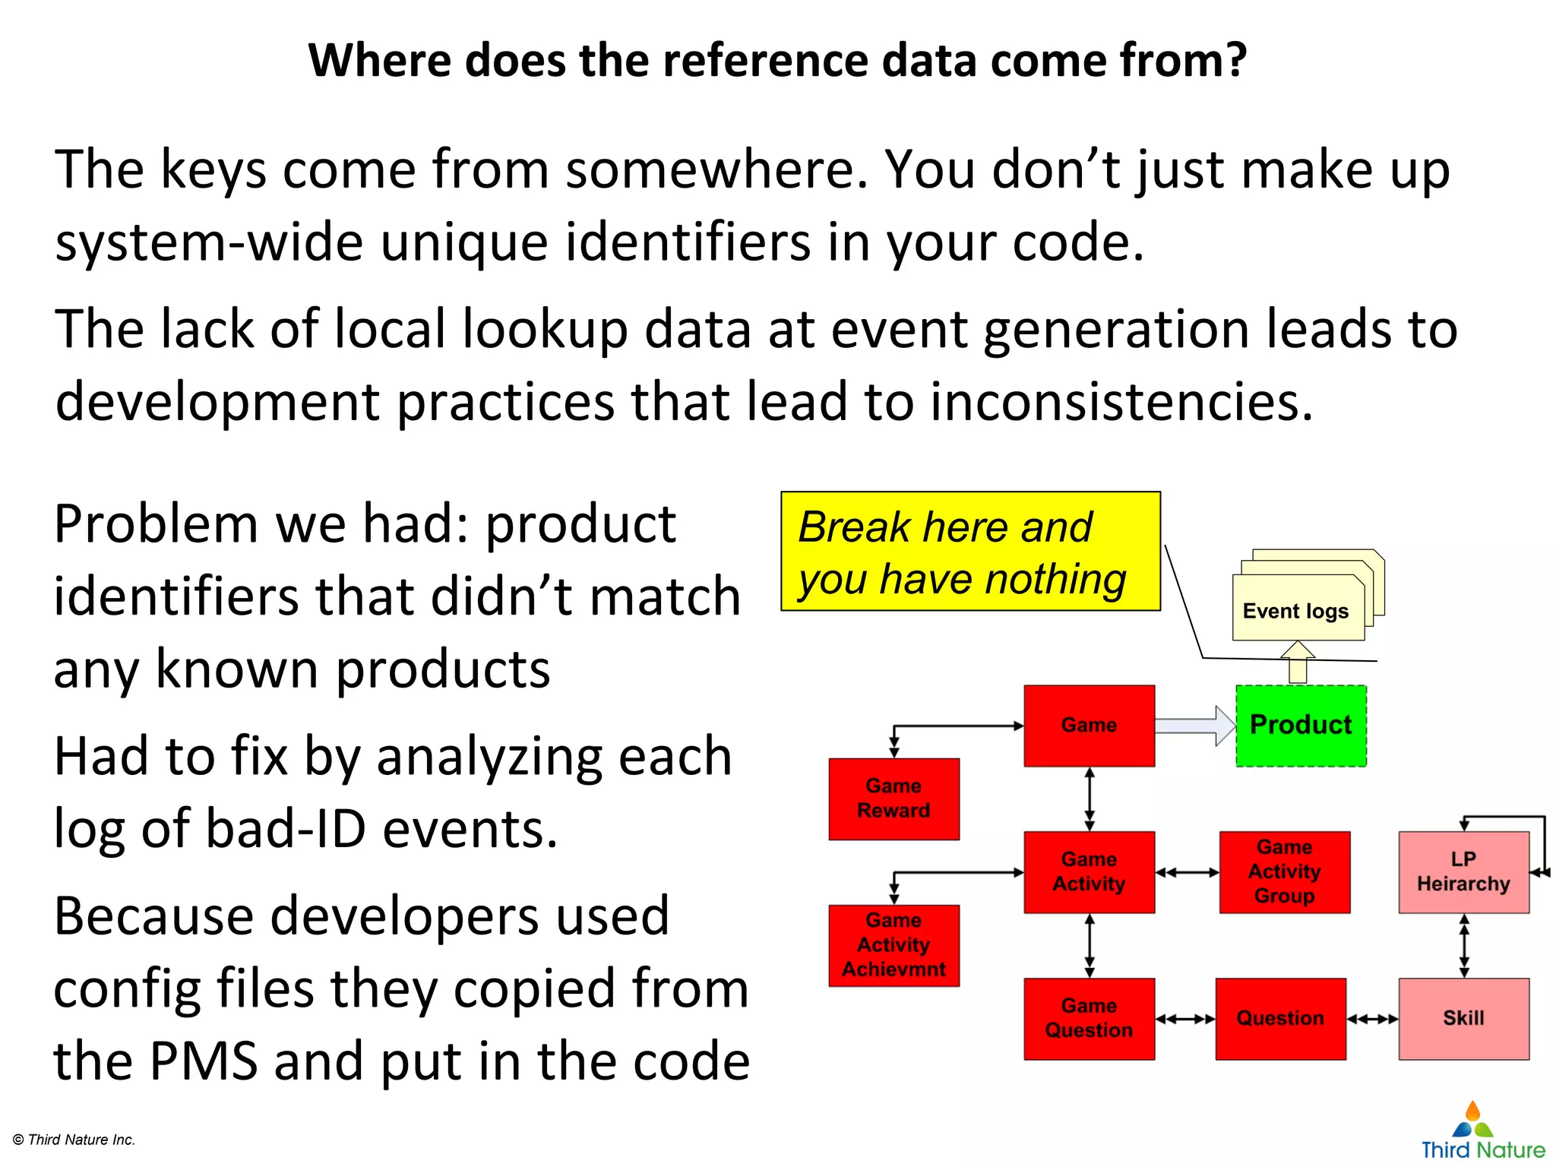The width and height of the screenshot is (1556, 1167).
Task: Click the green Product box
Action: coord(1301,726)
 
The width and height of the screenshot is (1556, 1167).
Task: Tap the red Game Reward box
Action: coord(893,799)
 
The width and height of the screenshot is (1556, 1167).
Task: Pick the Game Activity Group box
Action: coord(1284,871)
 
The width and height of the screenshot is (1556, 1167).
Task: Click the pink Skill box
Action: coord(1463,1018)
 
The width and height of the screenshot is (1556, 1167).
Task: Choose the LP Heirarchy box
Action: coord(1463,871)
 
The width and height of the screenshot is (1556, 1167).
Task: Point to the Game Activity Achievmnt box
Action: coord(893,945)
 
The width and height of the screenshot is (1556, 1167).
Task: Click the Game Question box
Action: coord(1089,1018)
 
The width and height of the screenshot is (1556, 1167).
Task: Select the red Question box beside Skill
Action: coord(1280,1018)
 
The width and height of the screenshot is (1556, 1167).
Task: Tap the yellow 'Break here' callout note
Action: coord(970,552)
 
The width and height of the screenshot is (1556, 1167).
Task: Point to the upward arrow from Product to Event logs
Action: coord(1298,662)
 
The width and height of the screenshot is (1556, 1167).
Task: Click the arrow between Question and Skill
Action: coord(1372,1019)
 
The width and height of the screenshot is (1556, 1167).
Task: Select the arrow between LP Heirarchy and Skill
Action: coord(1464,945)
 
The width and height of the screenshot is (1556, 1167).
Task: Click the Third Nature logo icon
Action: coord(1472,1120)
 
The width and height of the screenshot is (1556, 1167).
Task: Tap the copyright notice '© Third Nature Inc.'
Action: coord(74,1140)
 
